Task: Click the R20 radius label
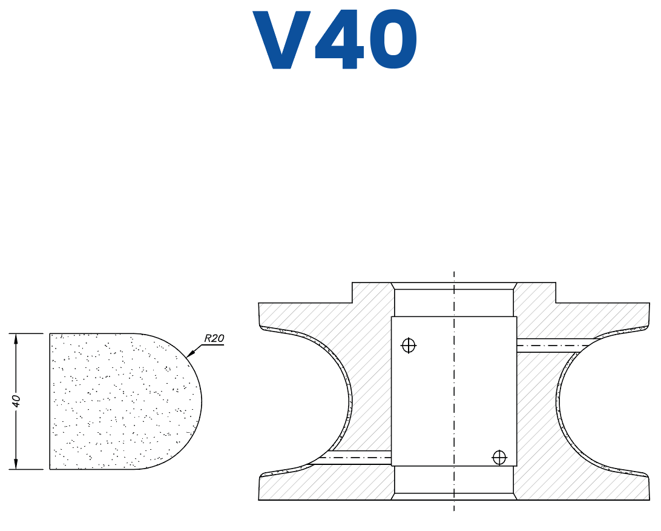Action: click(x=214, y=338)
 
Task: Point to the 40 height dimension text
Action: click(x=16, y=401)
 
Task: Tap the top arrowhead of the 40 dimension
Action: click(x=16, y=337)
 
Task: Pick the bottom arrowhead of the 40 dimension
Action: click(x=16, y=465)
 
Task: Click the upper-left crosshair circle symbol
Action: click(x=409, y=346)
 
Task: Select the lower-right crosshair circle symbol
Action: click(x=499, y=458)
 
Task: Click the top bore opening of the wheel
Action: click(x=454, y=286)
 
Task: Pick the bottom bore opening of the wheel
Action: click(x=454, y=496)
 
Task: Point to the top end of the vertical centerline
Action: click(x=454, y=273)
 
